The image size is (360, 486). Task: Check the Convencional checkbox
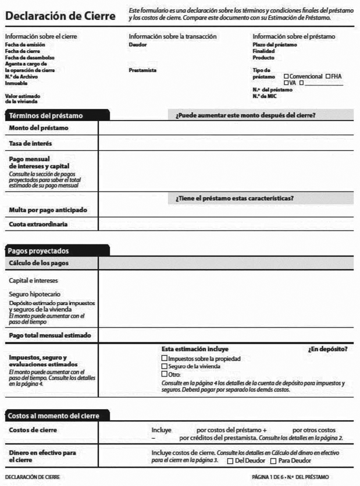pyautogui.click(x=286, y=77)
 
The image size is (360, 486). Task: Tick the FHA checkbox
pyautogui.click(x=329, y=77)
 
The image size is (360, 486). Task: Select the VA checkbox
pyautogui.click(x=286, y=83)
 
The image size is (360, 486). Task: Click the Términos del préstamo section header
pyautogui.click(x=46, y=116)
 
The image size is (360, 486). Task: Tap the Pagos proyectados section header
pyautogui.click(x=38, y=251)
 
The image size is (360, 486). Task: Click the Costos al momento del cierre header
pyautogui.click(x=53, y=416)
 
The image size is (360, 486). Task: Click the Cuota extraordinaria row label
pyautogui.click(x=38, y=224)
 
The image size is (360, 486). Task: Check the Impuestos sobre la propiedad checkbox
pyautogui.click(x=164, y=359)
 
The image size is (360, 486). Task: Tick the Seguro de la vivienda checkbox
pyautogui.click(x=164, y=367)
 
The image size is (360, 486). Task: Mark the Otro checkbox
pyautogui.click(x=164, y=375)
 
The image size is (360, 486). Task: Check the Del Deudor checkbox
pyautogui.click(x=230, y=461)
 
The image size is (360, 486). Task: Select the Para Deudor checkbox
pyautogui.click(x=272, y=461)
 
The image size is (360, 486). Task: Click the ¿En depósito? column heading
pyautogui.click(x=327, y=349)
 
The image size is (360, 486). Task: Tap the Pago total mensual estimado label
pyautogui.click(x=49, y=336)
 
